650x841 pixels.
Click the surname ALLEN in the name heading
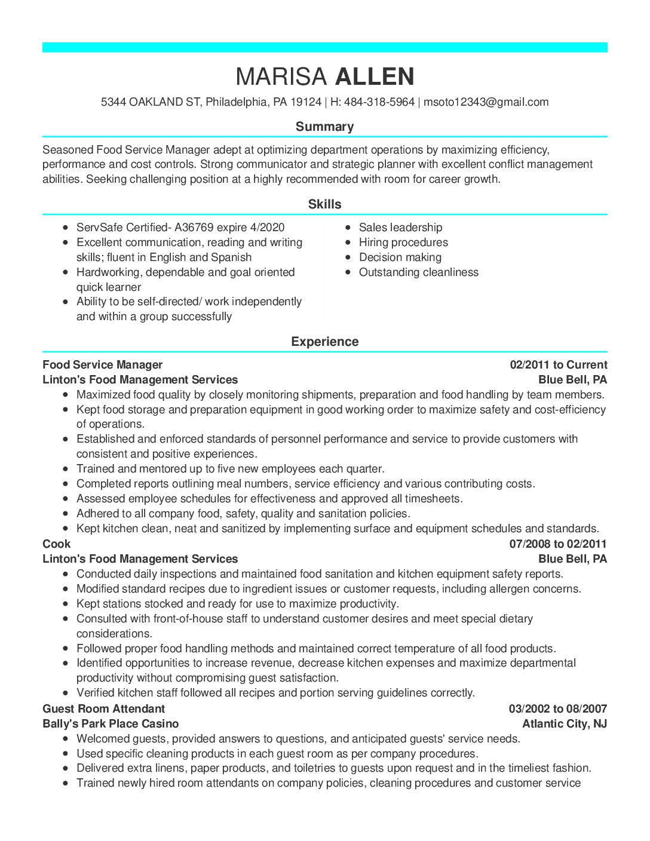(375, 77)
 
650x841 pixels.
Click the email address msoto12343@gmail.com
(486, 102)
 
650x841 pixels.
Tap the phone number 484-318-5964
(379, 102)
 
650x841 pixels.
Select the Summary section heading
(324, 127)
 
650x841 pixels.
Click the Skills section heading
(324, 204)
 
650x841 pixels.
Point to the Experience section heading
(324, 342)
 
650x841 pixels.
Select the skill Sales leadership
(400, 228)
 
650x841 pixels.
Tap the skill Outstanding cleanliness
(418, 272)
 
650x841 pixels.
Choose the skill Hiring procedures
(403, 243)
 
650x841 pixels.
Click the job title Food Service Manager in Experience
(102, 365)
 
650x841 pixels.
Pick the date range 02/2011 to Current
(558, 365)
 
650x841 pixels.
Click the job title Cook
(56, 544)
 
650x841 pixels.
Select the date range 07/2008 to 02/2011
(557, 544)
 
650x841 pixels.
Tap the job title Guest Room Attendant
(103, 709)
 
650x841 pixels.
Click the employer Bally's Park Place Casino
(111, 724)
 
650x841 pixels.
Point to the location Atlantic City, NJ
(564, 724)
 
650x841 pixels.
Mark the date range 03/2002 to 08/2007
(557, 709)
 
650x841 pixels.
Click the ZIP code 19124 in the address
(305, 102)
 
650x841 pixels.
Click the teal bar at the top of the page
(324, 48)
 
